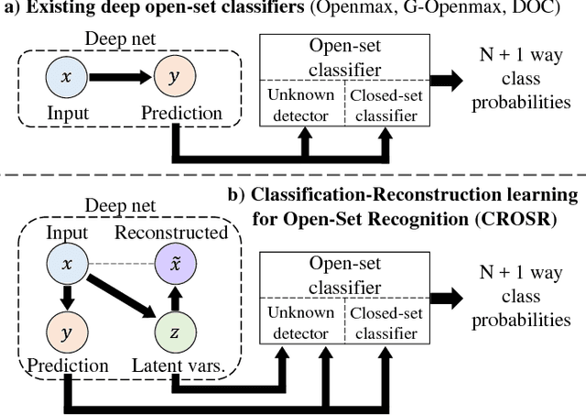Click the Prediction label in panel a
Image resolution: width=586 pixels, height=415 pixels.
pyautogui.click(x=181, y=114)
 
